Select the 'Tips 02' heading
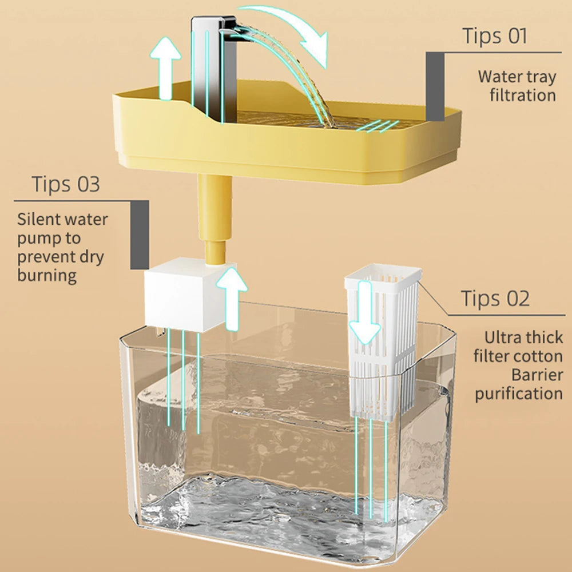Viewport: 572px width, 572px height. (495, 299)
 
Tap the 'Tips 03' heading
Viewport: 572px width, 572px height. (65, 185)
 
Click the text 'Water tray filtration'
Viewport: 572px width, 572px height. (517, 85)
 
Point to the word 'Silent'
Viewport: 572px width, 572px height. (39, 219)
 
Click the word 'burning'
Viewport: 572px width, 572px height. (47, 275)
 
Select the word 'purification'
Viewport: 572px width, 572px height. (518, 394)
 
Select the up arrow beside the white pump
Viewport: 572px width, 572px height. (232, 297)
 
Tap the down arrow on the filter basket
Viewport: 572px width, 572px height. (365, 320)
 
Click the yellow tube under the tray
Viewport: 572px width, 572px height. (215, 217)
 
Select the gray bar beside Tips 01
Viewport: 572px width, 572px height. (435, 86)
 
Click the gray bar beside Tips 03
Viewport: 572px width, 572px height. (140, 235)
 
